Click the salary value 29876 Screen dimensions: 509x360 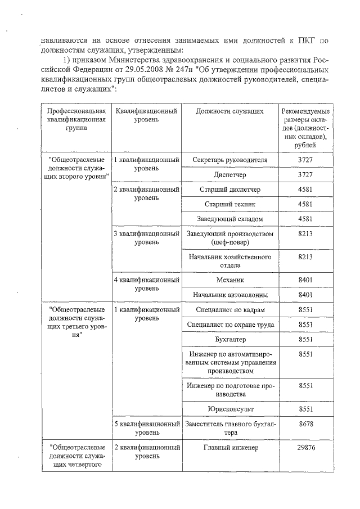click(x=305, y=448)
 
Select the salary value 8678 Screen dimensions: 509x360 click(x=305, y=423)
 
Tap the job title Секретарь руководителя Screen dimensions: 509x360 click(x=229, y=160)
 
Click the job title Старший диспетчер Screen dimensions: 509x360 click(x=229, y=189)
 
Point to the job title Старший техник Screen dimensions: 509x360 click(x=229, y=204)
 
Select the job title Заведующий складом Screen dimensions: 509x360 click(x=229, y=218)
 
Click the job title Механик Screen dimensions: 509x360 click(x=229, y=280)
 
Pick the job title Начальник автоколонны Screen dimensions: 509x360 click(x=229, y=295)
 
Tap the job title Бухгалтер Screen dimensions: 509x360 click(x=229, y=340)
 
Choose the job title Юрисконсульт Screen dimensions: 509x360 click(x=229, y=408)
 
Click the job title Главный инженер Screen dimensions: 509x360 click(x=229, y=448)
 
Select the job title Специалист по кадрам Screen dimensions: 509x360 click(x=229, y=310)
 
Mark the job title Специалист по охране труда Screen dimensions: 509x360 click(x=229, y=325)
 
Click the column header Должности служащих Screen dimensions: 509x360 click(x=229, y=111)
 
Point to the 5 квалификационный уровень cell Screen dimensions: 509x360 click(x=146, y=427)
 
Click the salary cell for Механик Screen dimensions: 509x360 click(x=305, y=280)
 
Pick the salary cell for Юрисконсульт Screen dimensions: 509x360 click(x=305, y=408)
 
